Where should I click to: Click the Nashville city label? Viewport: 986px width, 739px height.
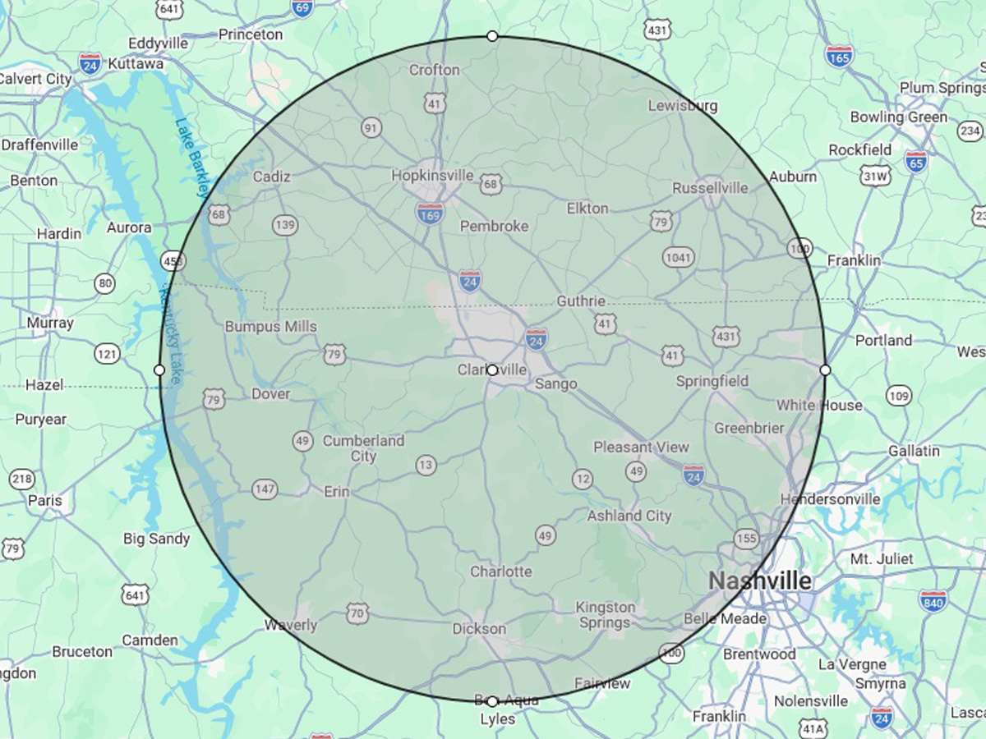pyautogui.click(x=760, y=581)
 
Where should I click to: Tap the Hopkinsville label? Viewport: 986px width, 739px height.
pyautogui.click(x=432, y=175)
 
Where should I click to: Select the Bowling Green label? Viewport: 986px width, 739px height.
pyautogui.click(x=898, y=117)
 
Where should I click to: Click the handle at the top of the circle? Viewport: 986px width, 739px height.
pyautogui.click(x=492, y=36)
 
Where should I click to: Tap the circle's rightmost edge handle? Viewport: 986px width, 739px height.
pyautogui.click(x=825, y=370)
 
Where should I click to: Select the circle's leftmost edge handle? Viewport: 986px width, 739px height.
pyautogui.click(x=159, y=370)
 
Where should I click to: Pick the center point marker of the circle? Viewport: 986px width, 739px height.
pyautogui.click(x=492, y=370)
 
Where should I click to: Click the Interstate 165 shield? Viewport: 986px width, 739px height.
pyautogui.click(x=839, y=56)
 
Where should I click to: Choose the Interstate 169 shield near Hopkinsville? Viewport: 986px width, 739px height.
pyautogui.click(x=430, y=213)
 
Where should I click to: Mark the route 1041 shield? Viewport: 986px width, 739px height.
pyautogui.click(x=679, y=257)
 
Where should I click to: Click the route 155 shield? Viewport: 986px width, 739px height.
pyautogui.click(x=747, y=539)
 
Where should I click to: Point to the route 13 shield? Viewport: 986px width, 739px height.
pyautogui.click(x=425, y=465)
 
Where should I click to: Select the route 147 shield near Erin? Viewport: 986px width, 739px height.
pyautogui.click(x=265, y=489)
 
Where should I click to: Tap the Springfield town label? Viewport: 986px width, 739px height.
pyautogui.click(x=712, y=381)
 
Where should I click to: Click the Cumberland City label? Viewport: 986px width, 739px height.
pyautogui.click(x=363, y=448)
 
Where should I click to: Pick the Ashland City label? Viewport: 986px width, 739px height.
pyautogui.click(x=629, y=516)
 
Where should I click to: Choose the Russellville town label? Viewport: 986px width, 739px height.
pyautogui.click(x=710, y=188)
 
